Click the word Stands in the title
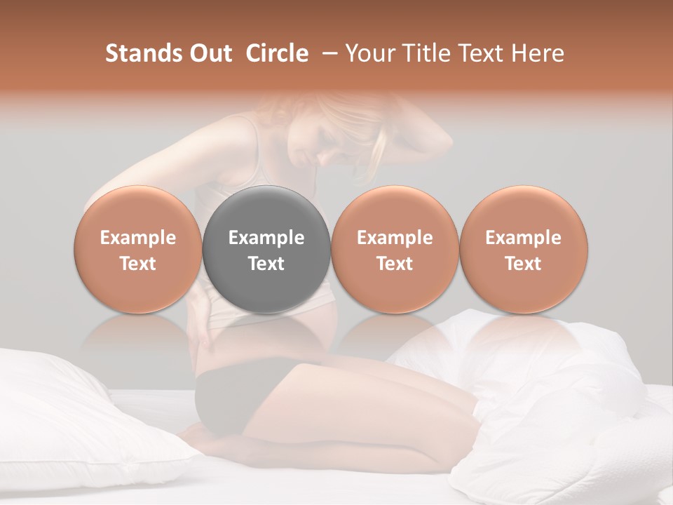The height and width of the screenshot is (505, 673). click(x=144, y=53)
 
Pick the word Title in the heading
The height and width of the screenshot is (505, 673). click(x=428, y=53)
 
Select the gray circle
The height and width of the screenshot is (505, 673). click(x=266, y=250)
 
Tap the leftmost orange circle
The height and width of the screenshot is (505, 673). click(x=137, y=250)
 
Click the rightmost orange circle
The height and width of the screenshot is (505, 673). click(x=523, y=250)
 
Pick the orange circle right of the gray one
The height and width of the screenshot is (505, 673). click(x=395, y=250)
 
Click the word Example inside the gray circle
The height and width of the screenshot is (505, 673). click(x=266, y=238)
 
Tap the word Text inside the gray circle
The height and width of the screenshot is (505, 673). click(x=266, y=264)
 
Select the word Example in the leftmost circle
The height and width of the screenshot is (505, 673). click(x=137, y=238)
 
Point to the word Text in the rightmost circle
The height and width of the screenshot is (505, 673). click(x=523, y=264)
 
